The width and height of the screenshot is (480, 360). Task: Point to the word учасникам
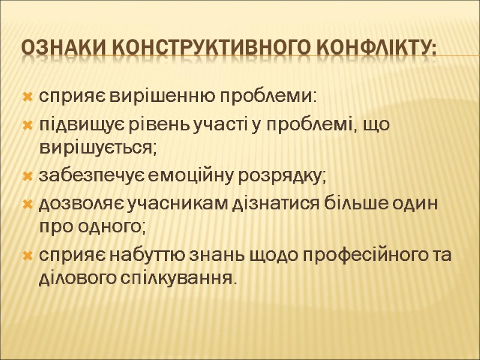pyautogui.click(x=171, y=205)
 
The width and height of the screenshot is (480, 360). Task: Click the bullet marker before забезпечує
pyautogui.click(x=27, y=177)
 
